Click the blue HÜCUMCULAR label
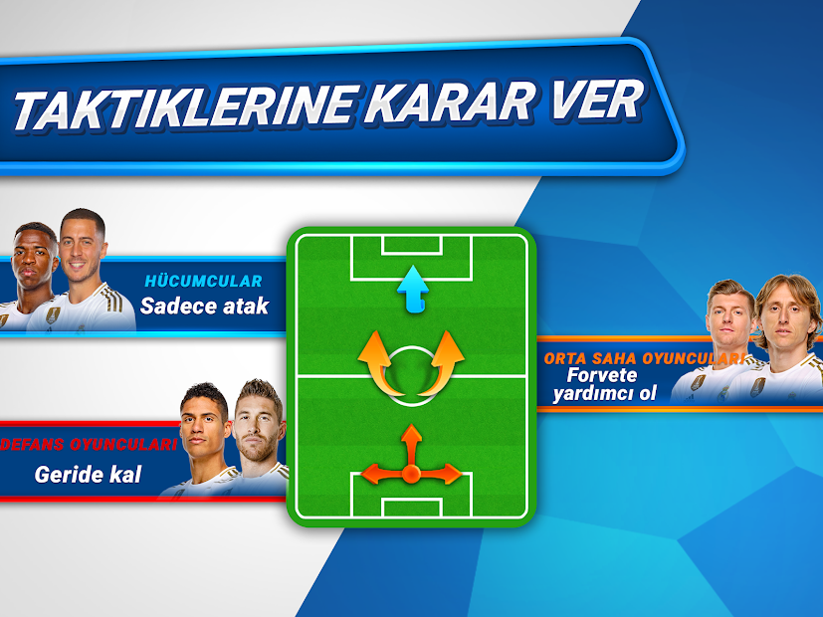pyautogui.click(x=203, y=281)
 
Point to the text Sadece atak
pyautogui.click(x=205, y=306)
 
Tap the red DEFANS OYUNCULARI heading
pyautogui.click(x=89, y=445)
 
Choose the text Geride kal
pyautogui.click(x=88, y=475)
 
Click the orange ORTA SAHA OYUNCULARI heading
pyautogui.click(x=645, y=359)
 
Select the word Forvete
pyautogui.click(x=602, y=375)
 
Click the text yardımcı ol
pyautogui.click(x=605, y=393)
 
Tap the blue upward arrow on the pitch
pyautogui.click(x=413, y=289)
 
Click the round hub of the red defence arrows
pyautogui.click(x=411, y=474)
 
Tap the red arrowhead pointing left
pyautogui.click(x=371, y=474)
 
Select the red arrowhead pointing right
pyautogui.click(x=452, y=474)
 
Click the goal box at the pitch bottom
pyautogui.click(x=412, y=508)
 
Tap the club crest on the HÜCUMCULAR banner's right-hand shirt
pyautogui.click(x=53, y=315)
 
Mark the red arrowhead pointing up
pyautogui.click(x=412, y=434)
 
